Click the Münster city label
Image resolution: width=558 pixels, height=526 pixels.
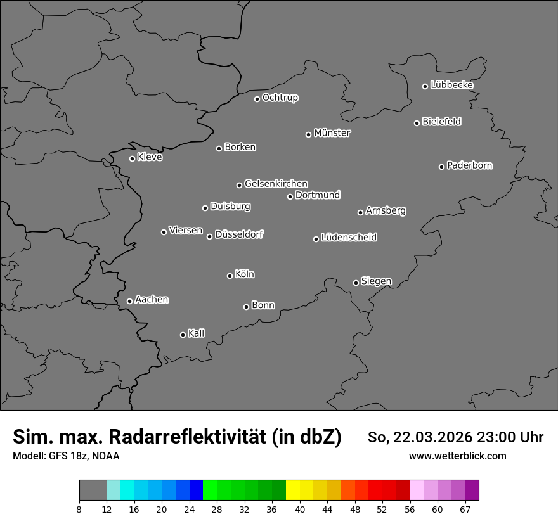tap(332, 133)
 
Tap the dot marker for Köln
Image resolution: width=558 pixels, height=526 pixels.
tap(230, 276)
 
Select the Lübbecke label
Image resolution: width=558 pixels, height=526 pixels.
tap(451, 85)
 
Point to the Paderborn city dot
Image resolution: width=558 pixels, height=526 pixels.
tap(441, 167)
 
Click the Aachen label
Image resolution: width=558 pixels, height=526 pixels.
tap(152, 300)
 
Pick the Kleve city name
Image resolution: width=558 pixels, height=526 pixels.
tap(150, 157)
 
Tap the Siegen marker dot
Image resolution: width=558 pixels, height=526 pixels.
tap(356, 283)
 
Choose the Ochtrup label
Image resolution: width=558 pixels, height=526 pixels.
tap(280, 98)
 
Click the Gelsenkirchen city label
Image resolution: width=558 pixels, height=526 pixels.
tap(276, 184)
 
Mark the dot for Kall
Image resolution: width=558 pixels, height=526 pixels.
tap(183, 335)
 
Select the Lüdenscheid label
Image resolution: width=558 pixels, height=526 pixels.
tap(349, 238)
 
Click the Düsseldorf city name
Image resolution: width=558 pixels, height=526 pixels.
tap(239, 234)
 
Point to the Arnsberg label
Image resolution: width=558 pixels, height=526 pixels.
tap(386, 211)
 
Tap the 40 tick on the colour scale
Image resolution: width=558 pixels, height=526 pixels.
tap(300, 509)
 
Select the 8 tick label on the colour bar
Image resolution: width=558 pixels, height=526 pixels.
tap(79, 509)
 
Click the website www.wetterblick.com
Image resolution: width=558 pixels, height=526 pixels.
tap(457, 456)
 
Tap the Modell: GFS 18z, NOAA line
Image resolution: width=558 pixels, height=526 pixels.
tap(66, 456)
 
